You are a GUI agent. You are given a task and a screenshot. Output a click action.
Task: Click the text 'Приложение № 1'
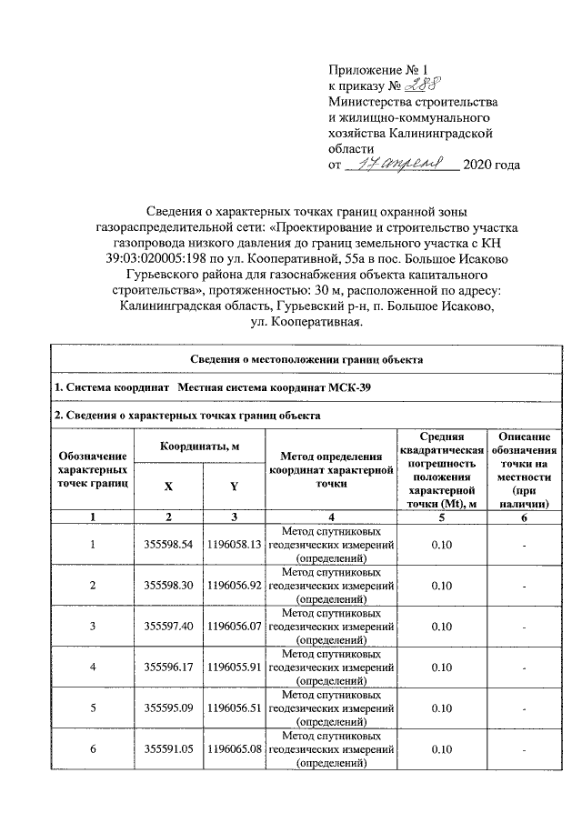376,69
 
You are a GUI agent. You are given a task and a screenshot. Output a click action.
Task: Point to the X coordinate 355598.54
169,545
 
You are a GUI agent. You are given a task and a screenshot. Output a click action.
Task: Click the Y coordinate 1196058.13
234,545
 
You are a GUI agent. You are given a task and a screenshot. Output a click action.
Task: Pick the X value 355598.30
169,586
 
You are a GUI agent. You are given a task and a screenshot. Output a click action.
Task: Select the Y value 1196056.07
234,627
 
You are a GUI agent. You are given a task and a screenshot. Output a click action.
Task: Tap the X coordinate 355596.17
169,667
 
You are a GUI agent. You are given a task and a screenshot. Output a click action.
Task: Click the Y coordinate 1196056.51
234,708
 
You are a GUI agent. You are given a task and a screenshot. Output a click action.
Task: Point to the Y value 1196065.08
234,749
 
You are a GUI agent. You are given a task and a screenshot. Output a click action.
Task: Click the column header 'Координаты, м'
200,447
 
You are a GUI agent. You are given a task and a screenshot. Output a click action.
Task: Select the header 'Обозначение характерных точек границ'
92,469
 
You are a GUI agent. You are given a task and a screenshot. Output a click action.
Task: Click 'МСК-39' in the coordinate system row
351,388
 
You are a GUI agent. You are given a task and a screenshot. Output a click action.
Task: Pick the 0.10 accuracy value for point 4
441,667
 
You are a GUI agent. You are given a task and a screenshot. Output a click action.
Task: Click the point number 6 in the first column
92,749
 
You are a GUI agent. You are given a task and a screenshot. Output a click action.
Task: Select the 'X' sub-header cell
168,487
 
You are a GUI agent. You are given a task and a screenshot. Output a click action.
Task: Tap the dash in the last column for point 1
524,546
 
